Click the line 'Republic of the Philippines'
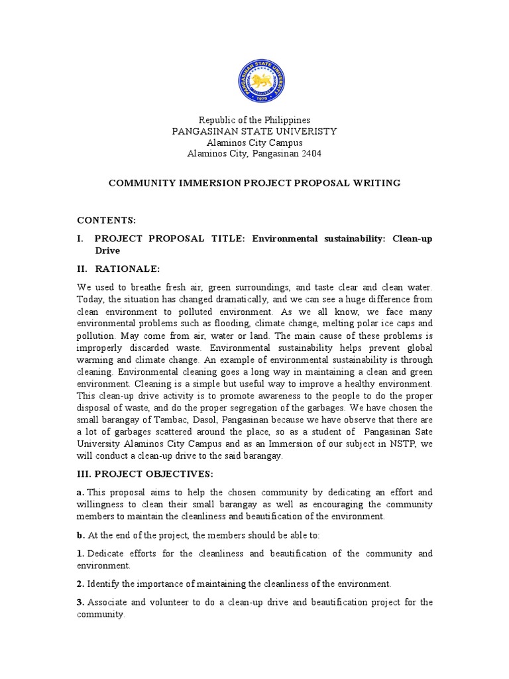click(254, 120)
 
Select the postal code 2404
click(311, 154)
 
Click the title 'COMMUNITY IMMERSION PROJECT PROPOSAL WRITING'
click(254, 182)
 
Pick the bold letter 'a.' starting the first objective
click(80, 492)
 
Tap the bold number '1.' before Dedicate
click(80, 553)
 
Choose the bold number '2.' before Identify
click(80, 584)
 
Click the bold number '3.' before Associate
click(80, 602)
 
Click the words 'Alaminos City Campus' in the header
click(254, 143)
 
